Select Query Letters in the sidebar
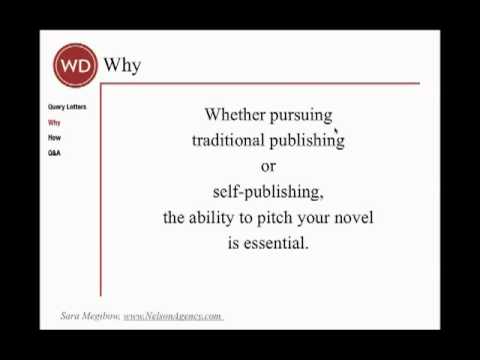tap(65, 106)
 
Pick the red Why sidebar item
tap(54, 122)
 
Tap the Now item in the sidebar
tap(54, 137)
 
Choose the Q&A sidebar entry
tap(54, 153)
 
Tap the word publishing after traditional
tap(306, 141)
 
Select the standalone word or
tap(268, 165)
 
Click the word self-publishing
tap(268, 191)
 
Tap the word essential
tap(278, 242)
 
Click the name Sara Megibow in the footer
tap(89, 316)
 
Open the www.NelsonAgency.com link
tap(172, 316)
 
